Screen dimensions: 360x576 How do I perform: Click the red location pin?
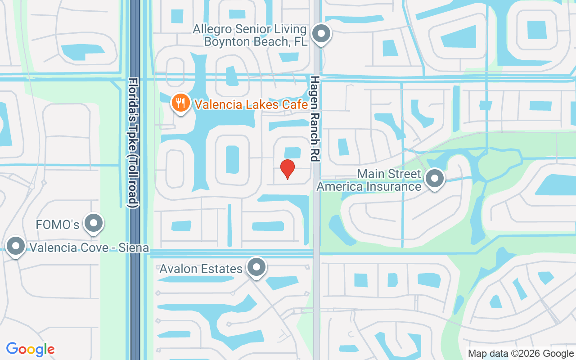pos(288,169)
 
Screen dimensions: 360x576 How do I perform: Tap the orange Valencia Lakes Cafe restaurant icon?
pos(180,103)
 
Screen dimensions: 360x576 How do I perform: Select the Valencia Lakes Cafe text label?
pos(251,105)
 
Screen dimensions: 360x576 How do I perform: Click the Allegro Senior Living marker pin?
pos(321,34)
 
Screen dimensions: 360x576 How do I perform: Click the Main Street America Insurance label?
pos(369,180)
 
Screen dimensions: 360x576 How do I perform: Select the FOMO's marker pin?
pos(94,222)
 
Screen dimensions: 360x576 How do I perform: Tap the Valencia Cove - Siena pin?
pos(17,247)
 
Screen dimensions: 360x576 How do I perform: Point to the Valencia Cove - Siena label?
pos(89,248)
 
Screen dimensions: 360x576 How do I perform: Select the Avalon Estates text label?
pos(201,269)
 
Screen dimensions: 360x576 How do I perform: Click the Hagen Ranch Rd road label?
pos(314,118)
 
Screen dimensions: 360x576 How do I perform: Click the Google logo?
pos(30,349)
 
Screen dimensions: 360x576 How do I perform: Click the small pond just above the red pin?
pos(292,153)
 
